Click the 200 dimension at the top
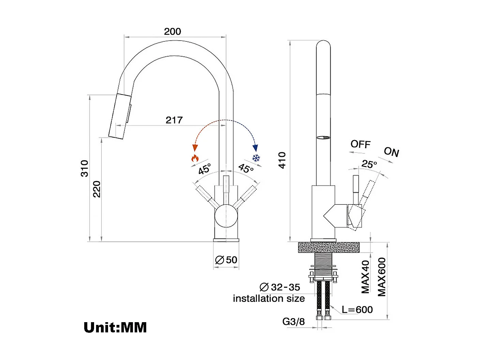coord(172,31)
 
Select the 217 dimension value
coord(174,120)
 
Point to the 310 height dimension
coord(84,168)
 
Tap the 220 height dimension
coord(97,189)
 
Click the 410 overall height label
coord(282,160)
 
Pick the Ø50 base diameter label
coord(226,260)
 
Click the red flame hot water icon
coord(195,158)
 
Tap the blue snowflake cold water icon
coord(256,158)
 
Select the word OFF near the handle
coord(360,144)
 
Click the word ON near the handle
coord(391,152)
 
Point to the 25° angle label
coord(369,164)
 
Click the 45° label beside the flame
coord(205,169)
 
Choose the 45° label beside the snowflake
coord(246,168)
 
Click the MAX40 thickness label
coord(365,276)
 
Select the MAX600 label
coord(382,277)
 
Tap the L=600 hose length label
coord(357,310)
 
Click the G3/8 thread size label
coord(294,321)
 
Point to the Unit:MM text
coord(115,327)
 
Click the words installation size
coord(269,299)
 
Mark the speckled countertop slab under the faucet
coord(329,247)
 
